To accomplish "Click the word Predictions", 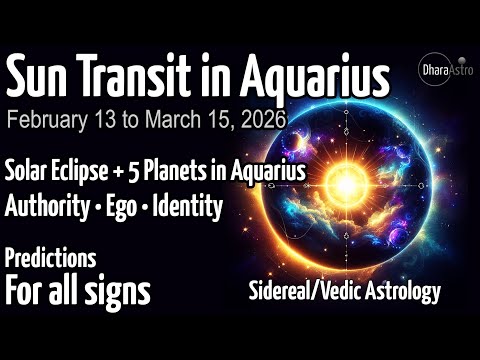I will point(50,258).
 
